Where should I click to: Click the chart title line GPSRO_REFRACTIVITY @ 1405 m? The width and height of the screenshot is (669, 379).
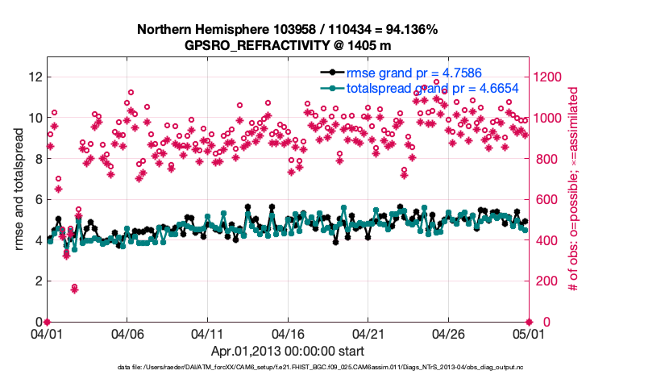tap(287, 45)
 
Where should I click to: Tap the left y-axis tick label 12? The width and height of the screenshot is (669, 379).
tap(34, 77)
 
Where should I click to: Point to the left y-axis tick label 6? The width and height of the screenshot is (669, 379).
tap(37, 200)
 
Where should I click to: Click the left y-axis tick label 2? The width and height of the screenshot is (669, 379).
tap(37, 281)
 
